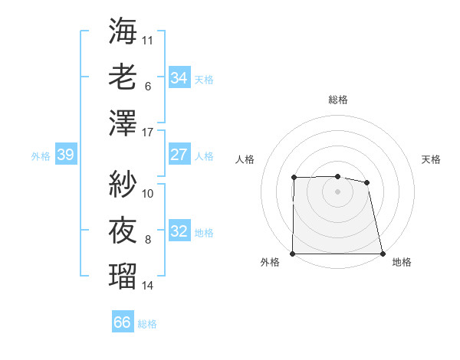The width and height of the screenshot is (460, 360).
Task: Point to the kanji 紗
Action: [x=123, y=184]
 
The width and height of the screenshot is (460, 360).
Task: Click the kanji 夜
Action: [x=123, y=230]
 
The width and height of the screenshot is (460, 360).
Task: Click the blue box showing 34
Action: [x=179, y=77]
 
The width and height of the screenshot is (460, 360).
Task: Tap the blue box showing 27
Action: [x=179, y=155]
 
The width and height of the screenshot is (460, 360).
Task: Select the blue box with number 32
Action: [x=179, y=231]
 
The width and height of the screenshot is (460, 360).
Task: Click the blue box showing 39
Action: [x=65, y=155]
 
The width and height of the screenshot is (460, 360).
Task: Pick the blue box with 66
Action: [x=123, y=322]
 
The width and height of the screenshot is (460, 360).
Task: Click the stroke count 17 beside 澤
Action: [x=148, y=133]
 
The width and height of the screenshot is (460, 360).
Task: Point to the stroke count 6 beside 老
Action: [x=147, y=87]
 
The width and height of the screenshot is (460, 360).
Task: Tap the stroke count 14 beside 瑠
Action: [x=148, y=286]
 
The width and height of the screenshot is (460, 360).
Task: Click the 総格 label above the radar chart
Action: [x=338, y=100]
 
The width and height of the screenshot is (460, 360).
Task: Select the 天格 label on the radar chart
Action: [x=432, y=159]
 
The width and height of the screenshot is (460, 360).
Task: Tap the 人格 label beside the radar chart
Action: [x=245, y=159]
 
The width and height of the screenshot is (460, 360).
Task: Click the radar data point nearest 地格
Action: [x=382, y=254]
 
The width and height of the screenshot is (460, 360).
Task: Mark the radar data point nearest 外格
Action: [x=293, y=254]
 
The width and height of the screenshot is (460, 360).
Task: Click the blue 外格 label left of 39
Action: [x=41, y=155]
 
